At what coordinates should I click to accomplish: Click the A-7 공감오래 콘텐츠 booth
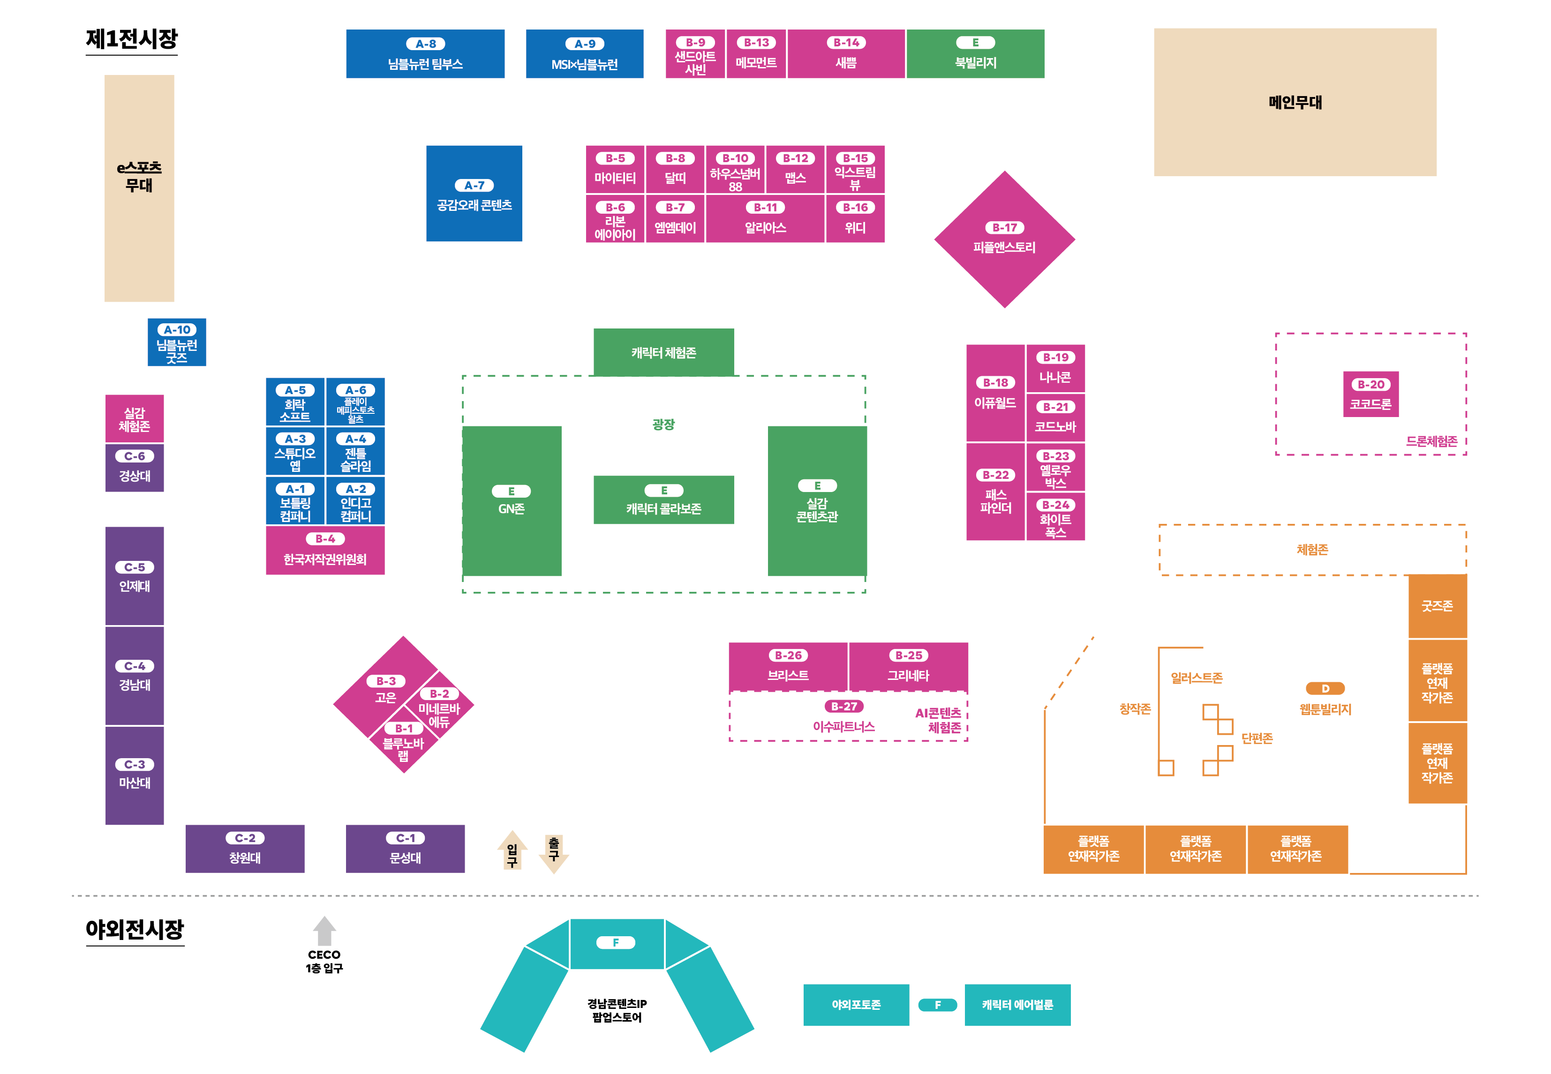tap(474, 194)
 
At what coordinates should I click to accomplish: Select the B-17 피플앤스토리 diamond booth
tap(1004, 239)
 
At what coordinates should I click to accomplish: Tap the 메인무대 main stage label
tap(1295, 102)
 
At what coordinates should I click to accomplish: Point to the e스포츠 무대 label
tap(139, 176)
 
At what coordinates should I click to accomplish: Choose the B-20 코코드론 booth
tap(1370, 395)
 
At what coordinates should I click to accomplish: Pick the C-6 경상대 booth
tap(135, 468)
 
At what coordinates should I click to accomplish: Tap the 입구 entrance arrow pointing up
tap(512, 851)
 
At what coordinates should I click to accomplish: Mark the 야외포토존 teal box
tap(856, 1005)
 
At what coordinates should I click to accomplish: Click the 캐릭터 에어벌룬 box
tap(1017, 1005)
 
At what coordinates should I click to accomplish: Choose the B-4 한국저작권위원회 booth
tap(325, 551)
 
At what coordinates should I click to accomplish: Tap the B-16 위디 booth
tap(855, 219)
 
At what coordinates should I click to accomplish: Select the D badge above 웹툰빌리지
tap(1325, 688)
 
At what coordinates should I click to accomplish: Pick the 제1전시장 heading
tap(132, 39)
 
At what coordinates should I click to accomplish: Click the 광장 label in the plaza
tap(663, 425)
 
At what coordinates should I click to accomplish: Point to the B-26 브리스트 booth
tap(788, 667)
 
